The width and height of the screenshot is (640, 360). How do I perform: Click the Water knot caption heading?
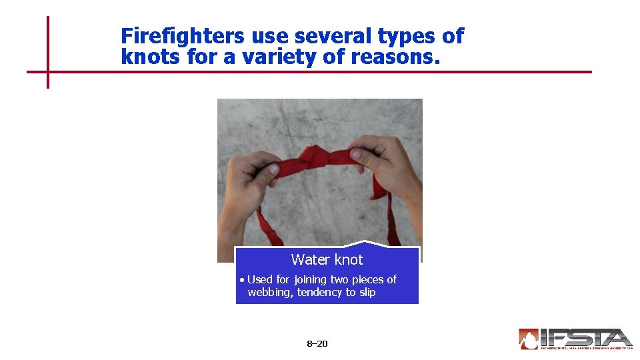click(x=327, y=259)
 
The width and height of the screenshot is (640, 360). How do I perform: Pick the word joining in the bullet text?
click(x=309, y=279)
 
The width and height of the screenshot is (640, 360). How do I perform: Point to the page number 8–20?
click(x=317, y=344)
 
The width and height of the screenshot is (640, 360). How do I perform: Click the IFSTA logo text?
click(x=586, y=338)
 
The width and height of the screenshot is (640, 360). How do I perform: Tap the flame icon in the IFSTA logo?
click(x=529, y=339)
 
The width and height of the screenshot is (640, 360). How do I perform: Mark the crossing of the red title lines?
click(x=48, y=71)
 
